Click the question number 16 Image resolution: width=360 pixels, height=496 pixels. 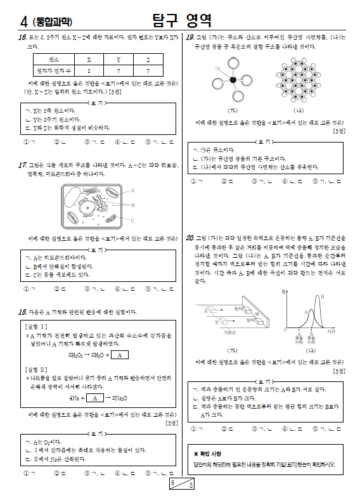click(22, 38)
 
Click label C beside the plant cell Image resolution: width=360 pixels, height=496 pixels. click(133, 220)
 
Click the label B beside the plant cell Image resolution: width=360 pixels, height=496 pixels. click(133, 205)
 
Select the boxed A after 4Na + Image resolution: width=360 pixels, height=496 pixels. click(94, 398)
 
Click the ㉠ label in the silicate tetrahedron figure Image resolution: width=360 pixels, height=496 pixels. click(217, 67)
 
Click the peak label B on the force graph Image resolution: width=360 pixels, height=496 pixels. click(323, 296)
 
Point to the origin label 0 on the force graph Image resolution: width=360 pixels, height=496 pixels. click(285, 329)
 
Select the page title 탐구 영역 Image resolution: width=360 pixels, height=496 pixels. click(182, 20)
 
